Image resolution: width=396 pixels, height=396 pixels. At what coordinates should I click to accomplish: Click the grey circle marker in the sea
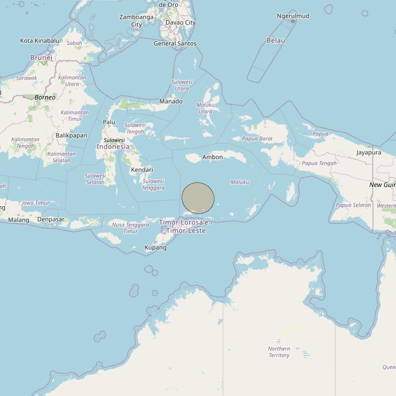(x=198, y=198)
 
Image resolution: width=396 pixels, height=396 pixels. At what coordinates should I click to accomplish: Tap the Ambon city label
(x=213, y=157)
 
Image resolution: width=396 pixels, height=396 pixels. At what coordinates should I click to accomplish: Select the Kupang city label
(x=155, y=247)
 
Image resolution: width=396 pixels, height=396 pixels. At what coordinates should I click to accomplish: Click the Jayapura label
(x=369, y=152)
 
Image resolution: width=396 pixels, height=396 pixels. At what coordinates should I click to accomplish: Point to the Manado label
(x=171, y=101)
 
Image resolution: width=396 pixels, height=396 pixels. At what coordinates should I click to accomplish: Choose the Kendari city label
(x=142, y=170)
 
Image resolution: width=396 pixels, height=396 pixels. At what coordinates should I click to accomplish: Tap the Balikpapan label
(x=71, y=135)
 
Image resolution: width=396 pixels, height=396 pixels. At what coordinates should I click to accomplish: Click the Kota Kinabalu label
(x=39, y=41)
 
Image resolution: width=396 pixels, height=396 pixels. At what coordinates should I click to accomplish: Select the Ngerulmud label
(x=293, y=16)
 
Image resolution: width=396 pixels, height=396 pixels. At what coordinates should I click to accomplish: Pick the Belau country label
(x=275, y=40)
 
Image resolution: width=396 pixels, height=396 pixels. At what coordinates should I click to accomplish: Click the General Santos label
(x=175, y=43)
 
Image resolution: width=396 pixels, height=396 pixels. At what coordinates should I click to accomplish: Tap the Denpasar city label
(x=50, y=219)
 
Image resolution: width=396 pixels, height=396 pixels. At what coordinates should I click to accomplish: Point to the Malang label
(x=19, y=220)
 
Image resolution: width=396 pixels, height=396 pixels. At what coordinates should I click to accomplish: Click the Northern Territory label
(x=279, y=352)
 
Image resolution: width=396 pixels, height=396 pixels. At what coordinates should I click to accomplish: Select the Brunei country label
(x=41, y=58)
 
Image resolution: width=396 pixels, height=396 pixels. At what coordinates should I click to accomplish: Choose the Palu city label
(x=109, y=122)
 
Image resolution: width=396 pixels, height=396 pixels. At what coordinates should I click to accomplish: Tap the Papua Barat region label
(x=257, y=139)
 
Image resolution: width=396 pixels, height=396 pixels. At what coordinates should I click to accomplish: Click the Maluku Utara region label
(x=205, y=108)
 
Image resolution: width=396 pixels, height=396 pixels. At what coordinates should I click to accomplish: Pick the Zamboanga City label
(x=137, y=21)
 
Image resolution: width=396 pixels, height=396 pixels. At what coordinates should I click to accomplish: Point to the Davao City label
(x=180, y=22)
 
